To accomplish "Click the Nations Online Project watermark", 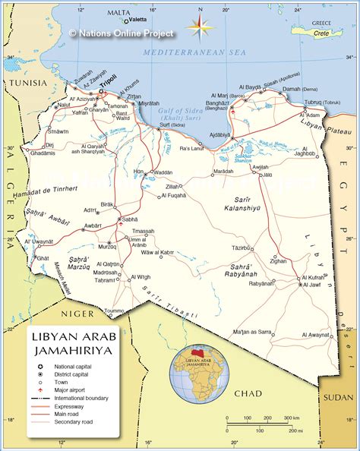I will (x=122, y=33).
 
